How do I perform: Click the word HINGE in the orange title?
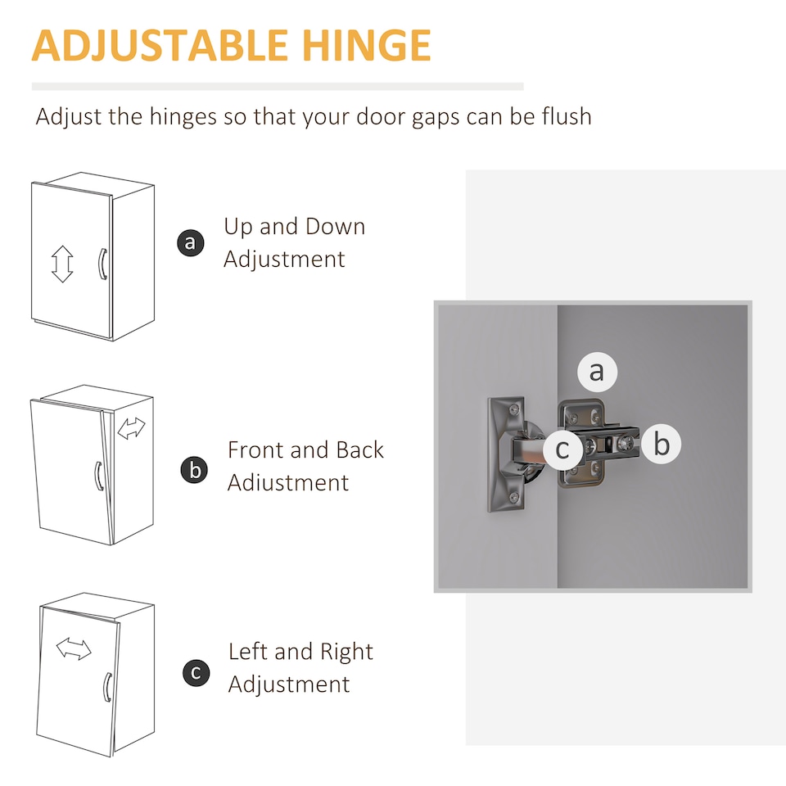[x=366, y=45]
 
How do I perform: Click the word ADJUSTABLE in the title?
[x=160, y=46]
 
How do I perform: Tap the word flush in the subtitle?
[x=567, y=116]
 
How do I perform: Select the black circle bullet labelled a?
[x=191, y=242]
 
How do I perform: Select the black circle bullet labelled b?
[x=194, y=470]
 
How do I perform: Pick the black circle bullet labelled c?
[x=196, y=673]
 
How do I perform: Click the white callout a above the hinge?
[x=597, y=372]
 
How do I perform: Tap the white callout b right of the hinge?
[x=662, y=444]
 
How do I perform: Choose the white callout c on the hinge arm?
[x=563, y=449]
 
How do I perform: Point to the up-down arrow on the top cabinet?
[x=62, y=264]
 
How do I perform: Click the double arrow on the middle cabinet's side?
[x=131, y=428]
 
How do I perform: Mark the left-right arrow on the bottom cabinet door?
[x=74, y=648]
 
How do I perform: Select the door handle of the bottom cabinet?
[x=106, y=688]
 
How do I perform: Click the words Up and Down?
[x=294, y=227]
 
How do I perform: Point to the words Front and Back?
[x=305, y=449]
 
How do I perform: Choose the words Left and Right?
[x=300, y=652]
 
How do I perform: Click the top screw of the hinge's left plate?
[x=514, y=410]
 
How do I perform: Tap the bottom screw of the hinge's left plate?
[x=514, y=497]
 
